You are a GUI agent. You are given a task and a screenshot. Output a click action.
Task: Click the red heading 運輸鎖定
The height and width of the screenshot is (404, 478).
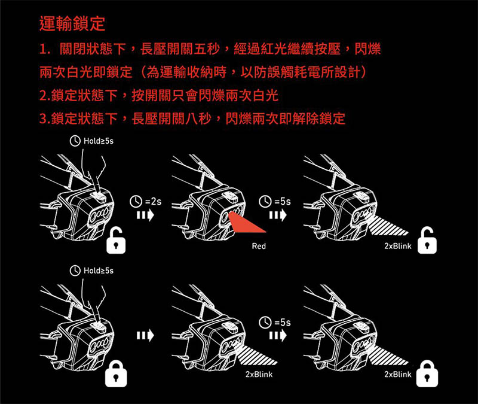click(71, 25)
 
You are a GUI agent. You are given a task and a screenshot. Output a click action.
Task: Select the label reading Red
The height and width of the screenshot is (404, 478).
click(259, 246)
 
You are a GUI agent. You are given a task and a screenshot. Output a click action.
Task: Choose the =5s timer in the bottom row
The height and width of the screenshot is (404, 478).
click(275, 324)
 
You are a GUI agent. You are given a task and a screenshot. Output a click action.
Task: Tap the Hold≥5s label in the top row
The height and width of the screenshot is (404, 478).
click(91, 142)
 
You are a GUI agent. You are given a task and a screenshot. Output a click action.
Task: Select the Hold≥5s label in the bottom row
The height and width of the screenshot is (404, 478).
click(91, 272)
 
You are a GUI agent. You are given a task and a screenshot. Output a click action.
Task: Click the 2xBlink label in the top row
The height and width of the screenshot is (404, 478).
click(397, 246)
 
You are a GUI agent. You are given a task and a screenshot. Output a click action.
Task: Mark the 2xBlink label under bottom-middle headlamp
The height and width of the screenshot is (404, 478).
click(259, 374)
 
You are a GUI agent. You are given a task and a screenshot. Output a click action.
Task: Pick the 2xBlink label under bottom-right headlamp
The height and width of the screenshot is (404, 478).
click(397, 374)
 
